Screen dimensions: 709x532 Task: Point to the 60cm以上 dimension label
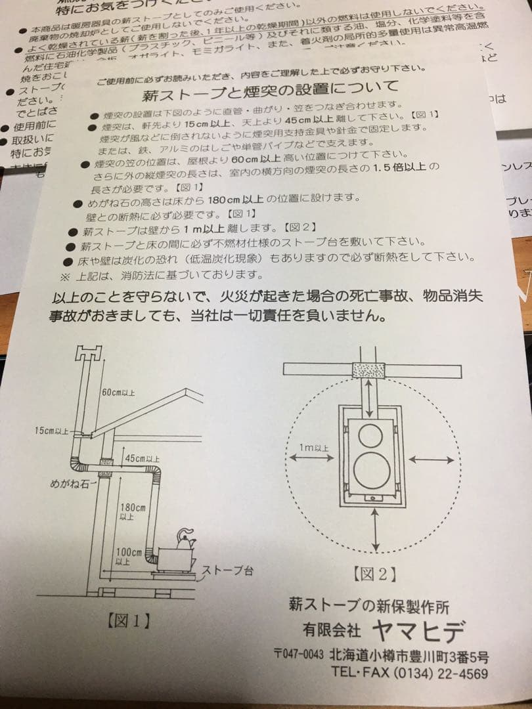(x=118, y=393)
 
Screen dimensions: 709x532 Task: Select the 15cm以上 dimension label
(x=52, y=431)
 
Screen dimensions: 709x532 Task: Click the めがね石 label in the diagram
(x=70, y=484)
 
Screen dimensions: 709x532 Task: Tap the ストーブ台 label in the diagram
(x=227, y=570)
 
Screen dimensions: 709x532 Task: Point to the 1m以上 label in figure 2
(x=313, y=448)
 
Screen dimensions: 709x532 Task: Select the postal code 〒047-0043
(x=299, y=655)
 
